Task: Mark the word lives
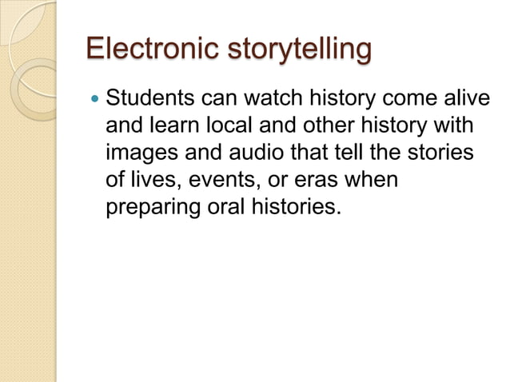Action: point(151,180)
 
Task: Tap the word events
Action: point(215,180)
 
